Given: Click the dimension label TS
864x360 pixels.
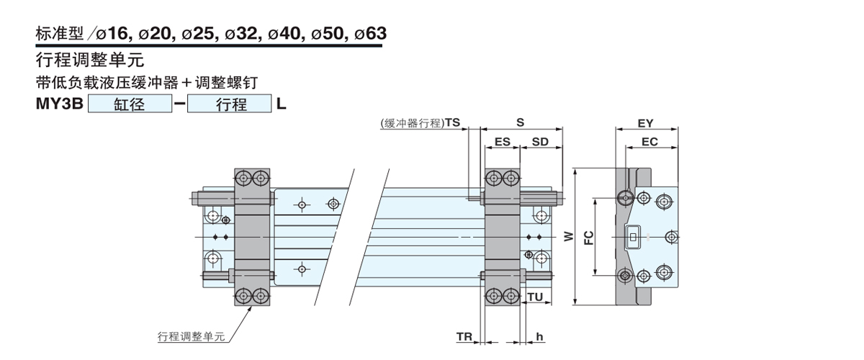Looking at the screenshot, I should click(x=452, y=123).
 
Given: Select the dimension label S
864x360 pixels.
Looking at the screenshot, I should click(x=520, y=123).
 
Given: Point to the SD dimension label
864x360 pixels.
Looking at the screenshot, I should click(x=540, y=143).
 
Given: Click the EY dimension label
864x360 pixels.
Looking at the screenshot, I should click(x=646, y=123).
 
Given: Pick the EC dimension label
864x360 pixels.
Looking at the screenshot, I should click(x=649, y=143).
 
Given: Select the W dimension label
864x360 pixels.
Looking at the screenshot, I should click(x=569, y=236).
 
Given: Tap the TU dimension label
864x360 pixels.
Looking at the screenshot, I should click(x=535, y=297).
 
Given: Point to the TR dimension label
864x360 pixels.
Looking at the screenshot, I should click(x=464, y=336).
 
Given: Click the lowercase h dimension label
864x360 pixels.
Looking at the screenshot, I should click(x=539, y=336).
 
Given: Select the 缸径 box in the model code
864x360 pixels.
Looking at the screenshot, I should click(x=130, y=104).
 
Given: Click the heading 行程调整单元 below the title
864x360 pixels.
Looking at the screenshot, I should click(x=89, y=60).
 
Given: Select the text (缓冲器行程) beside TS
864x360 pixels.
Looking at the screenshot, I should click(x=411, y=123).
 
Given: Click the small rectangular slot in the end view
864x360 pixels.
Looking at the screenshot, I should click(x=634, y=236).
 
